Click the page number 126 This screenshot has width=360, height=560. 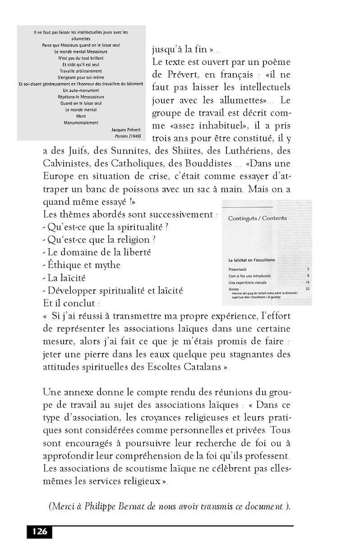40,532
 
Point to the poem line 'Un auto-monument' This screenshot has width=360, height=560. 81,91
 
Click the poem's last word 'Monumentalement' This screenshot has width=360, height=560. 81,123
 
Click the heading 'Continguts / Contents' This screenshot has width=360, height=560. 257,218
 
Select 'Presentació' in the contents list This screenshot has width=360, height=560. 238,269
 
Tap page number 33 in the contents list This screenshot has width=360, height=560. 307,289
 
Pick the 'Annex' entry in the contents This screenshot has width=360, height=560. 233,289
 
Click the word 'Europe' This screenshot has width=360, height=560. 57,176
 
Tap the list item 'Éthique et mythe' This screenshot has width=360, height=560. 84,265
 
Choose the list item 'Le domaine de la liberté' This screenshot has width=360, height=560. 99,252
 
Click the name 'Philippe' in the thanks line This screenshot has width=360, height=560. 120,507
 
